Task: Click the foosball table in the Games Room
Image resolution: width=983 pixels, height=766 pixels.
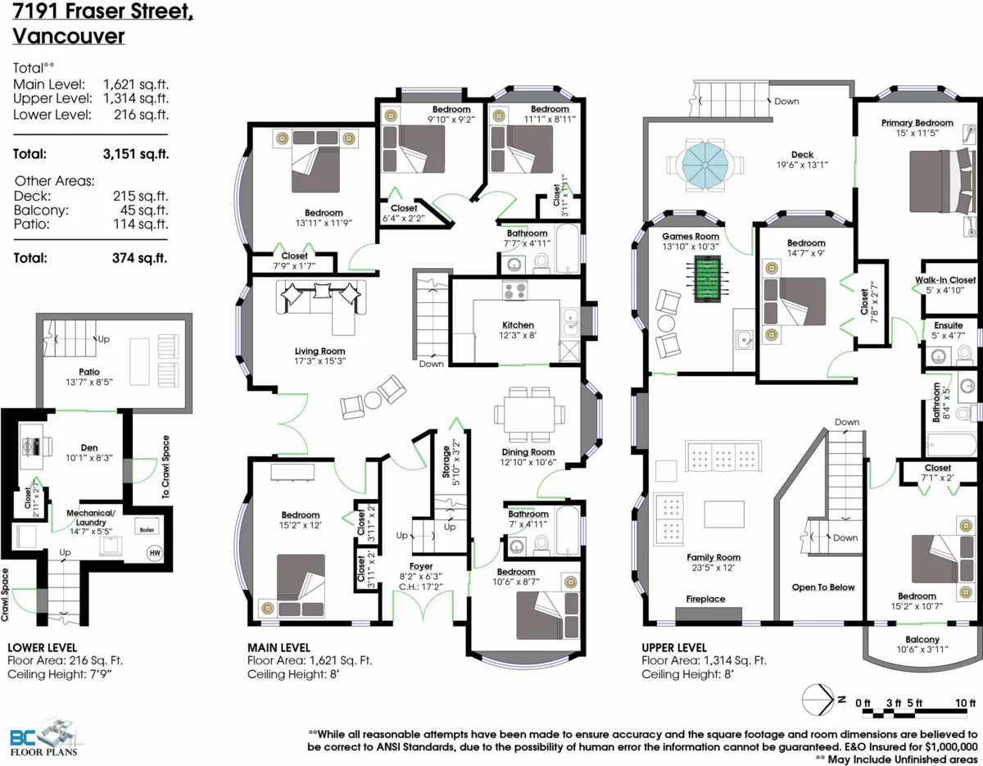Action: click(707, 279)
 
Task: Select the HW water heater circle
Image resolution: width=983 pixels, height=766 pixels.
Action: click(155, 553)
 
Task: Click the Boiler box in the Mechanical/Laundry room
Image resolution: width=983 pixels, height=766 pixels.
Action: click(147, 527)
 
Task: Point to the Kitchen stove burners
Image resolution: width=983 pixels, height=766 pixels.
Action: click(514, 290)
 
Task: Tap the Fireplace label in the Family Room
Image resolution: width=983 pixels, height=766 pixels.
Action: click(705, 599)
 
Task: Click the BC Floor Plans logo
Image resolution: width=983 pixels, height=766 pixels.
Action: click(44, 737)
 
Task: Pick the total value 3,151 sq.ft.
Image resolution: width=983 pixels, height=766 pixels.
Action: click(136, 154)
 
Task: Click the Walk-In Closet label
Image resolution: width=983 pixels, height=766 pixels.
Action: click(945, 279)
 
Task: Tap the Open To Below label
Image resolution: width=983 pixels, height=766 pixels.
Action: click(823, 587)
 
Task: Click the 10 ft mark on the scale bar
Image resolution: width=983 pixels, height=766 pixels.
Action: click(965, 703)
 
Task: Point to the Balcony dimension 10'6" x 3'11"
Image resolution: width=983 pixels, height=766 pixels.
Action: click(922, 650)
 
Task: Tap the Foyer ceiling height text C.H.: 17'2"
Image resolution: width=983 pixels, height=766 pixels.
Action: click(421, 587)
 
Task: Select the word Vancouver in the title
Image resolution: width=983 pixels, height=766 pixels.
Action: click(68, 36)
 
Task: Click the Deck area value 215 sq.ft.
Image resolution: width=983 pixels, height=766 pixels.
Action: click(140, 196)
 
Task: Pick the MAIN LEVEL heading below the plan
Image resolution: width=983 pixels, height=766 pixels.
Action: click(279, 647)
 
